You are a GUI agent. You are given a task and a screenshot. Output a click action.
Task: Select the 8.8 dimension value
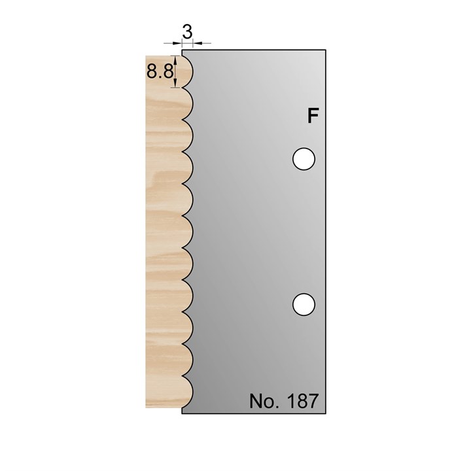click(160, 73)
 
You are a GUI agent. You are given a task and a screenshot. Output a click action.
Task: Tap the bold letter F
click(313, 116)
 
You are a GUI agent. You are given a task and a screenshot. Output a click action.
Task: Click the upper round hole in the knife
click(304, 159)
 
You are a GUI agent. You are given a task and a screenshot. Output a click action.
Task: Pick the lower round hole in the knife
click(304, 304)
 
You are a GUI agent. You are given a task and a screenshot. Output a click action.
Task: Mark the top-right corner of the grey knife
click(325, 50)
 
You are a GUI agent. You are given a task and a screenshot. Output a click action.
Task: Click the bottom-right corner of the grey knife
click(325, 414)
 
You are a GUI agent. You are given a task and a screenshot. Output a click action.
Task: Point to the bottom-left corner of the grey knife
click(182, 414)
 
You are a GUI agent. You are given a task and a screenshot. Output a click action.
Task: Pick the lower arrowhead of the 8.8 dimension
click(175, 84)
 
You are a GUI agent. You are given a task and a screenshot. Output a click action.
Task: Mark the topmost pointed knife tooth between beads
click(183, 88)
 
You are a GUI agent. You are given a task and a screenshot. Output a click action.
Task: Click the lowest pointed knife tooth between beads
click(183, 375)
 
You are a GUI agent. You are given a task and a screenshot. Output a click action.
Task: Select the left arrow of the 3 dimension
click(178, 43)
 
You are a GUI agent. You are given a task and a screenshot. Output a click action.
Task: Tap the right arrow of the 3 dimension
click(196, 43)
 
